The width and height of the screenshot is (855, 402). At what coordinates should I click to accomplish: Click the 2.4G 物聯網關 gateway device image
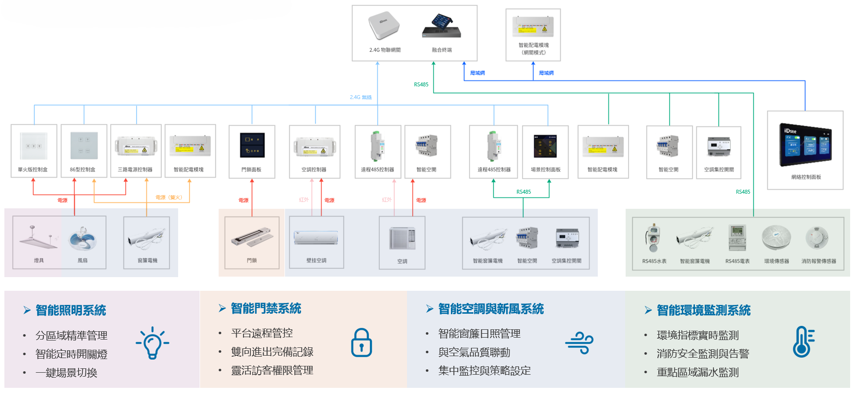tap(384, 25)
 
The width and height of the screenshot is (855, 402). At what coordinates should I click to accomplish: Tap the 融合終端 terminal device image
tap(442, 26)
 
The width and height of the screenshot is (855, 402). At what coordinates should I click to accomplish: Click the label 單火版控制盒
tap(33, 170)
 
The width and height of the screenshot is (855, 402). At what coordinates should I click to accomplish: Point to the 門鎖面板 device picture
tap(252, 145)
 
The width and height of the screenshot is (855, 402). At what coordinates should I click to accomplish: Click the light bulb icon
tap(152, 343)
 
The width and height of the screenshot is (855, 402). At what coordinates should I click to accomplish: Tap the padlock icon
tap(362, 342)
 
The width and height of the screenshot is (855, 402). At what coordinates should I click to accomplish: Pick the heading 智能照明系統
tap(71, 310)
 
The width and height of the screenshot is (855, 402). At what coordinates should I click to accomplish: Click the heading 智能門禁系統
tap(266, 308)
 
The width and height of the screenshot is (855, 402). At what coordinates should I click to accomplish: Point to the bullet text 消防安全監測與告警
tap(703, 354)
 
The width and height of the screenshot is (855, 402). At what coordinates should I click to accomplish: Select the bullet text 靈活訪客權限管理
tap(272, 370)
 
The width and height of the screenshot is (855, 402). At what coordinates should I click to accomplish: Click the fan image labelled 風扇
tap(83, 239)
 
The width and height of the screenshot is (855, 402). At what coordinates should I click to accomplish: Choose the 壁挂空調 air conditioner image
tap(316, 238)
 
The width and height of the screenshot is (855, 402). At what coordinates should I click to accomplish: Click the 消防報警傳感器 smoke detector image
tap(817, 238)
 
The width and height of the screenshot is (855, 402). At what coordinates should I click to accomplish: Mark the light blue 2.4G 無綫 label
tap(361, 98)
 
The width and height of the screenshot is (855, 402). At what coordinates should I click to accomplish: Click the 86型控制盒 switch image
tap(84, 145)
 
